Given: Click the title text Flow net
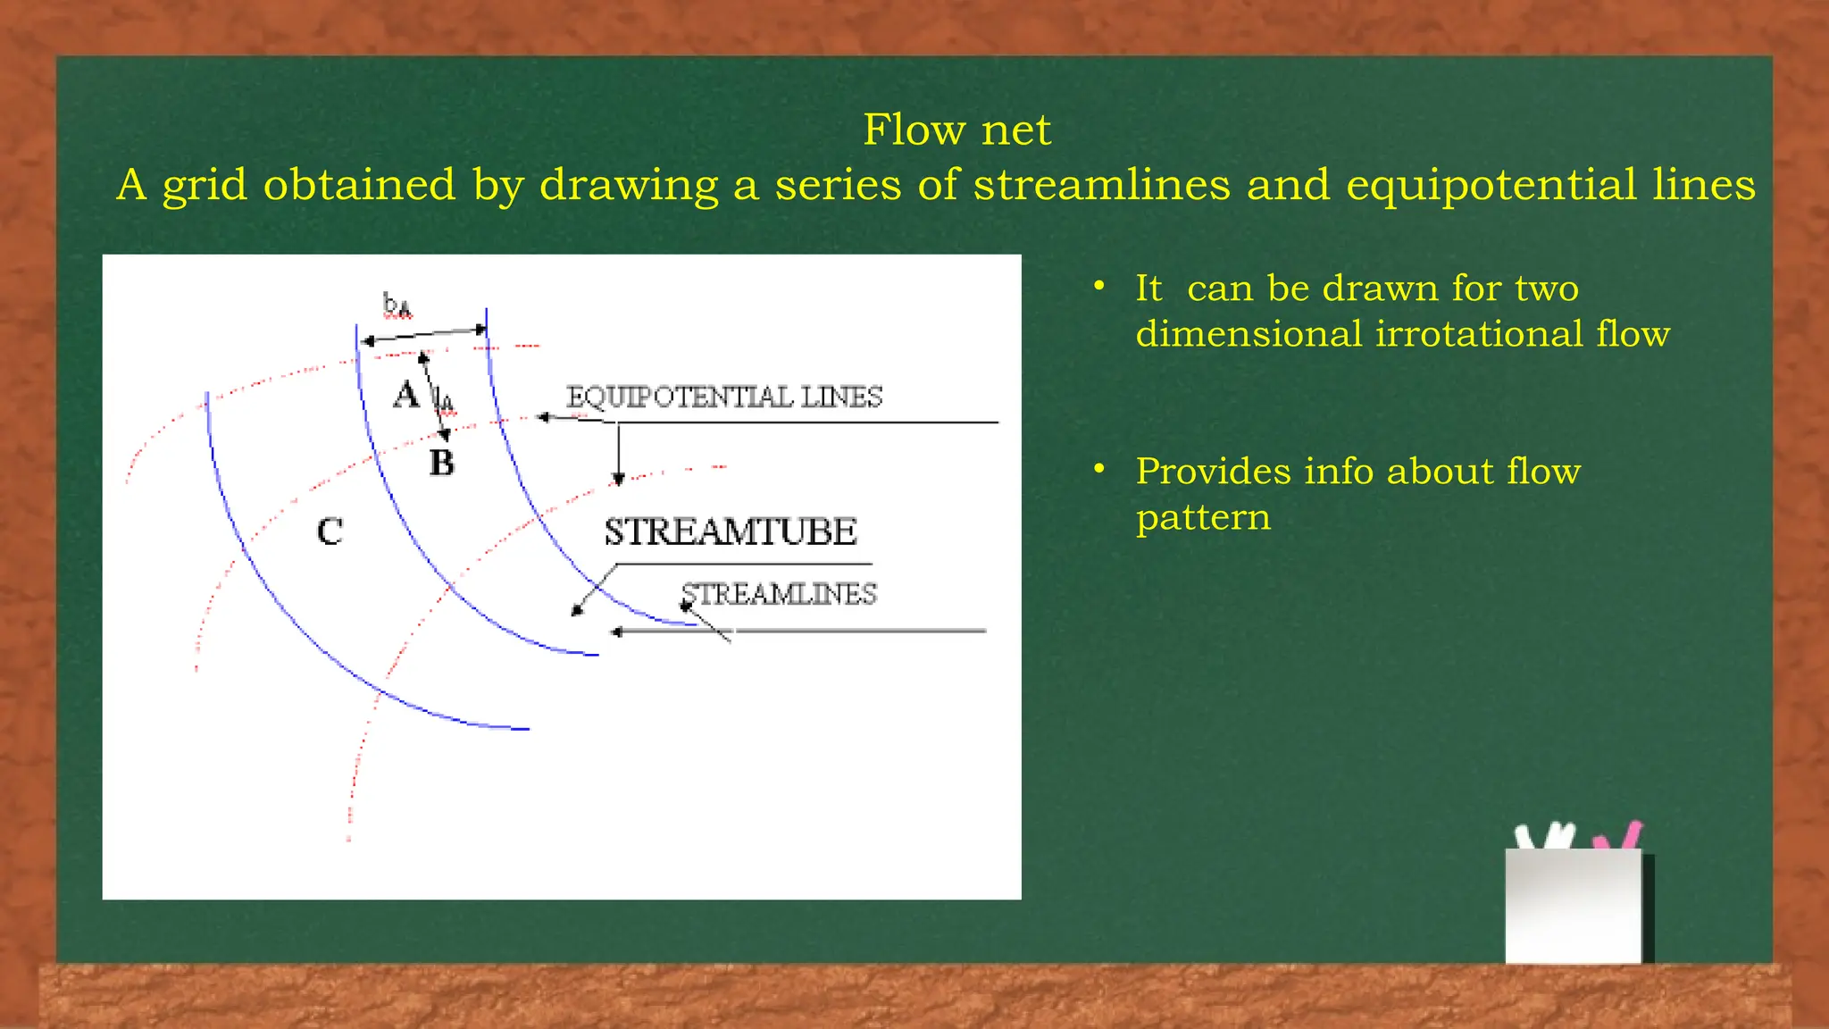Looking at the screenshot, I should [956, 130].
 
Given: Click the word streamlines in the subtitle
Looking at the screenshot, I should [1101, 185].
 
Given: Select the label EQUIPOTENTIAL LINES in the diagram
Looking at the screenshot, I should [723, 397].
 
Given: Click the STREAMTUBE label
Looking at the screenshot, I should [730, 531].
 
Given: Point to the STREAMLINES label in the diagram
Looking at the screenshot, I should [779, 594].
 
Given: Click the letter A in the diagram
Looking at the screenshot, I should [405, 395].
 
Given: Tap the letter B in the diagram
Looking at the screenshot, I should [441, 463].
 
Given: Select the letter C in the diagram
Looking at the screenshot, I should [330, 531].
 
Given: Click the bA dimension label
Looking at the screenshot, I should [397, 305].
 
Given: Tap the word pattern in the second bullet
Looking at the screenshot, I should [1202, 518].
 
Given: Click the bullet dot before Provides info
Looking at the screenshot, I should [1099, 468].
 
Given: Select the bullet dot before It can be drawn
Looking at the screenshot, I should [1099, 286].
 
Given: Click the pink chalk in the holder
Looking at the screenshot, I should [1629, 836].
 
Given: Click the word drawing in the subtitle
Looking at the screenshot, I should [629, 187].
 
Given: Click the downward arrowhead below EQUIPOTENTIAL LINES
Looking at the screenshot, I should [618, 480].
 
